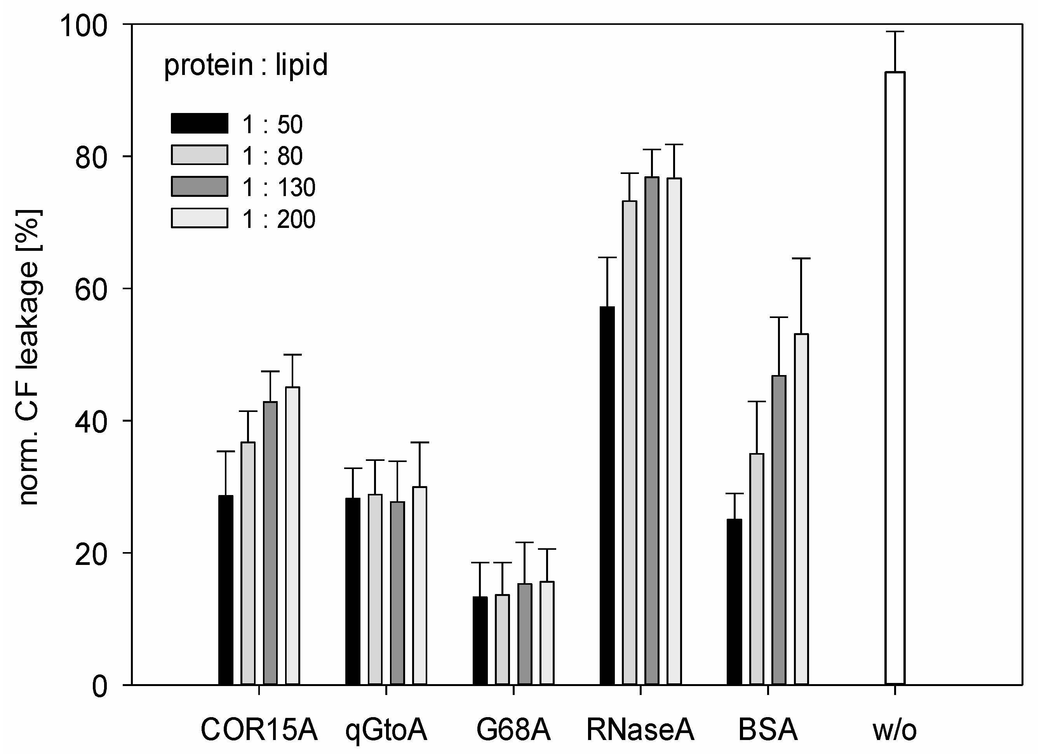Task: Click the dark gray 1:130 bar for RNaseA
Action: coord(651,430)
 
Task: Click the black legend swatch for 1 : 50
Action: coord(199,123)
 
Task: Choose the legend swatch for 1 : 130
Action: coord(199,186)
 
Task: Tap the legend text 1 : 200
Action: coord(278,219)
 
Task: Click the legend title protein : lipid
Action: coord(245,64)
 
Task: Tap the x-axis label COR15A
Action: coord(259,729)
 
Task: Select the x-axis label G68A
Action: coord(513,729)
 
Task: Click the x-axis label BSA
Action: coord(768,729)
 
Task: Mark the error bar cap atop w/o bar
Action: coord(894,31)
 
